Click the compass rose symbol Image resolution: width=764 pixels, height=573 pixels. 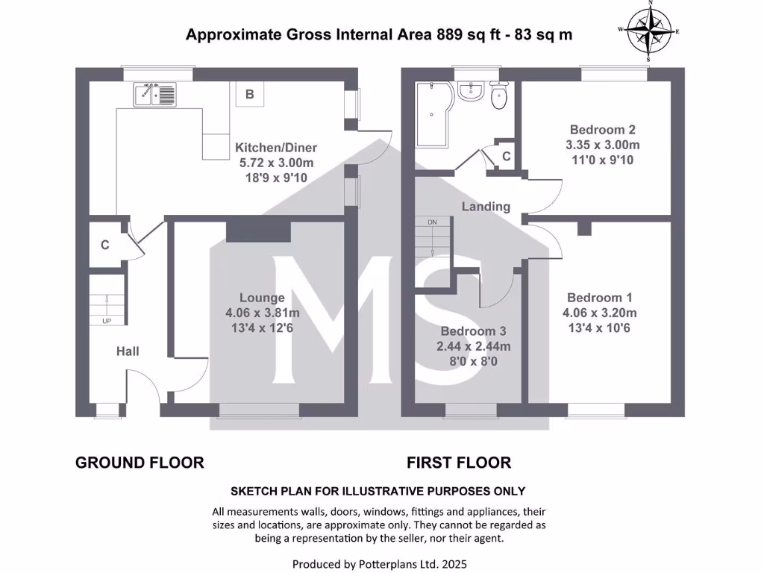point(648,31)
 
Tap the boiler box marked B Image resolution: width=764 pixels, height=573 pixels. point(250,94)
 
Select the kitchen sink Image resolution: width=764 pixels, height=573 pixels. point(155,94)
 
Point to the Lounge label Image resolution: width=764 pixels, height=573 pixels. point(262,298)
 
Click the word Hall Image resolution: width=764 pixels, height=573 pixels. point(128,351)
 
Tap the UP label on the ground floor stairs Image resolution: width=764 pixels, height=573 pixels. point(106,321)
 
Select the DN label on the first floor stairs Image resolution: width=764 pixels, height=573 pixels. point(432,222)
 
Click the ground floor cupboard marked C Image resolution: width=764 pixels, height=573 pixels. point(105,244)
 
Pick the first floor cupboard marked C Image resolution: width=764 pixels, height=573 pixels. point(506,157)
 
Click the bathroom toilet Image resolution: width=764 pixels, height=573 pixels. point(499,95)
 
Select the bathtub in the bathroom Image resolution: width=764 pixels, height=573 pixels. point(432,113)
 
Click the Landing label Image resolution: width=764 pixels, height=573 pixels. point(486,207)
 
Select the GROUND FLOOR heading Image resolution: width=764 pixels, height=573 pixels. point(140,463)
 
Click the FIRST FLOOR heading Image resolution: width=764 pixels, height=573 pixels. point(459,463)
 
